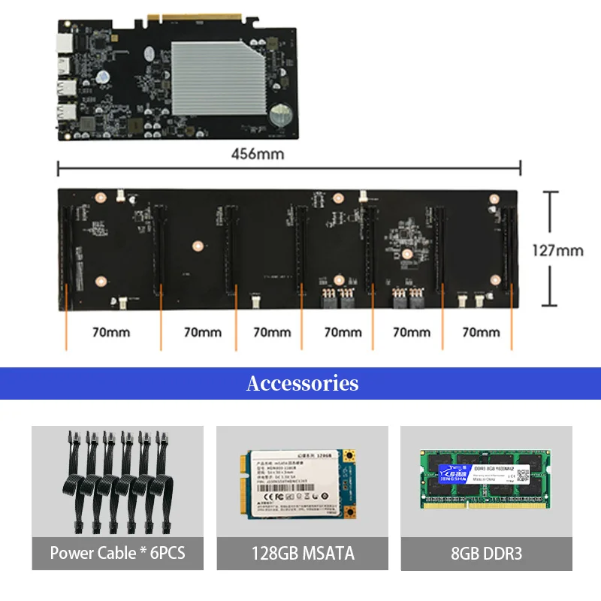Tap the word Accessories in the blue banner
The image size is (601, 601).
click(x=302, y=383)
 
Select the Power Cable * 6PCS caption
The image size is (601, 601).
click(x=117, y=554)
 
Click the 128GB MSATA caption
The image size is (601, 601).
click(x=302, y=554)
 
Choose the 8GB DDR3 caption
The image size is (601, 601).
click(x=486, y=554)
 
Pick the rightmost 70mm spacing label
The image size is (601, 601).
click(x=481, y=331)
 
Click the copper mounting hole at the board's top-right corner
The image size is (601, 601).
click(x=494, y=199)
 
